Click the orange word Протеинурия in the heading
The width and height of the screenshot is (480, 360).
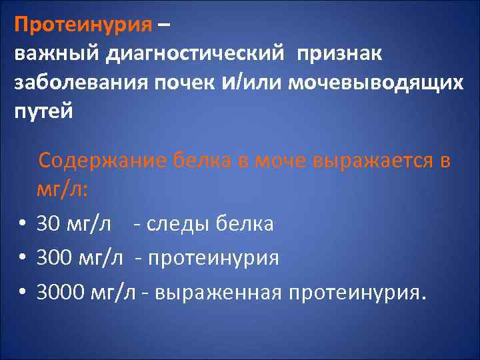click(83, 25)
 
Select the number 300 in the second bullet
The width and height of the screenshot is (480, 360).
click(54, 257)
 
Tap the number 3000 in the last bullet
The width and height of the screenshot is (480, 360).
click(60, 291)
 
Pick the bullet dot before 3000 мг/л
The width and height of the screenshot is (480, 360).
click(22, 291)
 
